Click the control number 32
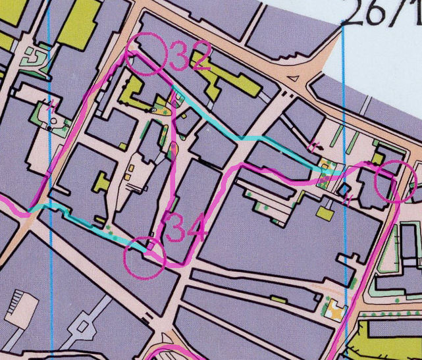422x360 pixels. pyautogui.click(x=190, y=57)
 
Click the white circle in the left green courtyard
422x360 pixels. pyautogui.click(x=52, y=124)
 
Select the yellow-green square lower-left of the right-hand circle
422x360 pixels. pyautogui.click(x=325, y=213)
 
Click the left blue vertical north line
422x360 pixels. pyautogui.click(x=51, y=197)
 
